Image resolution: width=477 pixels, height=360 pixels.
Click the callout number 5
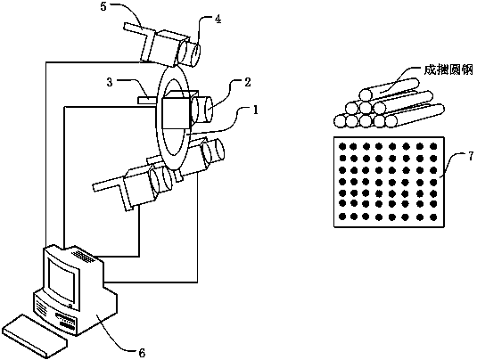pyautogui.click(x=103, y=7)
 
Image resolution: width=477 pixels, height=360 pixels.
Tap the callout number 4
pyautogui.click(x=218, y=19)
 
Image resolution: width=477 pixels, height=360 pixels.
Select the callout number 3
pyautogui.click(x=110, y=82)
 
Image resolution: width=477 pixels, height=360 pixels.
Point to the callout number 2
pyautogui.click(x=248, y=82)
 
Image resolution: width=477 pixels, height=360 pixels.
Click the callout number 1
pyautogui.click(x=256, y=110)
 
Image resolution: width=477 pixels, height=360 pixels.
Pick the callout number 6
pyautogui.click(x=142, y=353)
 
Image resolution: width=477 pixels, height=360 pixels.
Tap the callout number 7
pyautogui.click(x=471, y=156)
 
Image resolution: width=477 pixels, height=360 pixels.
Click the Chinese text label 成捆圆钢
pyautogui.click(x=449, y=70)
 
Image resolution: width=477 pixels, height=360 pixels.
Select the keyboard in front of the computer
pyautogui.click(x=35, y=335)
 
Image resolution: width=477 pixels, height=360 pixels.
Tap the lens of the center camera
pyautogui.click(x=202, y=110)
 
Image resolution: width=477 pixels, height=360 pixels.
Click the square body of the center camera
pyautogui.click(x=177, y=113)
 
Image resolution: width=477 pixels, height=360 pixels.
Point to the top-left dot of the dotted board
pyautogui.click(x=343, y=146)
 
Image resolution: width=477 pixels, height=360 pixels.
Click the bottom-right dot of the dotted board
pyautogui.click(x=433, y=217)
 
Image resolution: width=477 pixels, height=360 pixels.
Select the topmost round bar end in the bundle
pyautogui.click(x=366, y=94)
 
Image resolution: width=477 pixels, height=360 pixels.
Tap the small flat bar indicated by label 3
pyautogui.click(x=147, y=100)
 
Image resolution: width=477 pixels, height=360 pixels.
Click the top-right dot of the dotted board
pyautogui.click(x=433, y=147)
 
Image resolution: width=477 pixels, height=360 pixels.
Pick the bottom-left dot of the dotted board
pyautogui.click(x=343, y=217)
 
